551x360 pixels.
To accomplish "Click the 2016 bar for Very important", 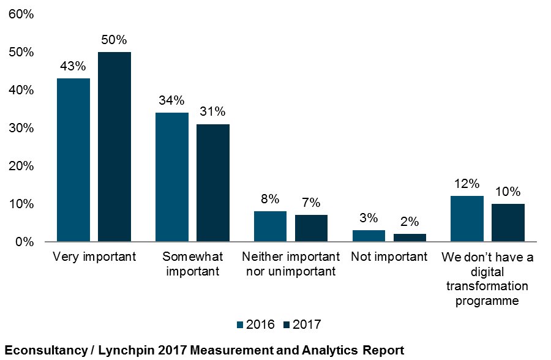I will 73,160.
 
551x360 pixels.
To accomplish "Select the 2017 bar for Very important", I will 114,147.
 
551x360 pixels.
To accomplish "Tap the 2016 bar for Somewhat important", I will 172,178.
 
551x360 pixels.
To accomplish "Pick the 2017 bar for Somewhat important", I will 213,183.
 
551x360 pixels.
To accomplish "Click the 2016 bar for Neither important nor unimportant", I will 270,227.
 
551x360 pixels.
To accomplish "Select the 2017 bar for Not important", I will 410,238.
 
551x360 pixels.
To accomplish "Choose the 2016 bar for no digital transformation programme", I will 467,219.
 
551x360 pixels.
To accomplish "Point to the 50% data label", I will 114,40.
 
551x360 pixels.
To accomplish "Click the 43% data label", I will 73,67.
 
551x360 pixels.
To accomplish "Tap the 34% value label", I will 172,101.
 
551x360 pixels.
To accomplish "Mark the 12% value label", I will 467,184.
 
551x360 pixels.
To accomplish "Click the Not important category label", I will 389,257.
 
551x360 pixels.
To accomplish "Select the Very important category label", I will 94,257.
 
